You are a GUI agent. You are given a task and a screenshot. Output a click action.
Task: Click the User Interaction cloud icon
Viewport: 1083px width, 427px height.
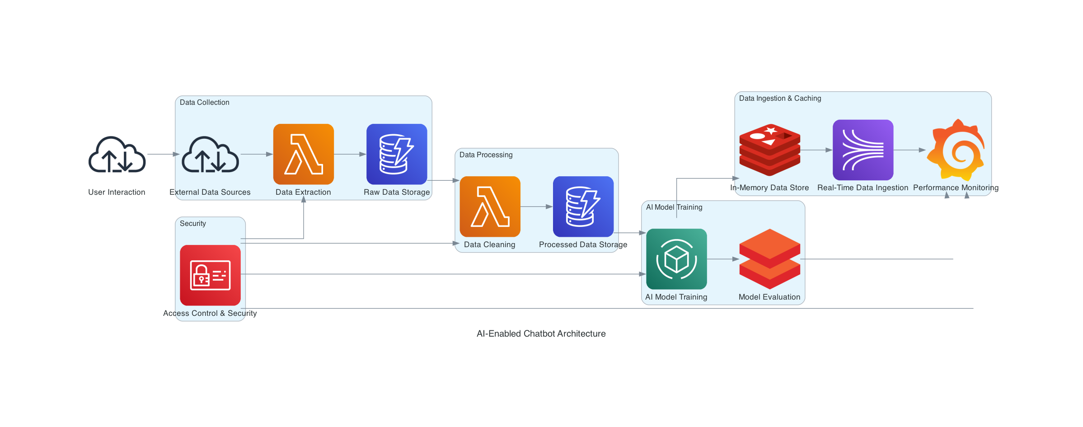[117, 155]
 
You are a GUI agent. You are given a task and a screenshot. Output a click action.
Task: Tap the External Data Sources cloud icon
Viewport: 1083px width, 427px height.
[210, 155]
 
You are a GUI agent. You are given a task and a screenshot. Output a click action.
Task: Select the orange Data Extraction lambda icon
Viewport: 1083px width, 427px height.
[304, 154]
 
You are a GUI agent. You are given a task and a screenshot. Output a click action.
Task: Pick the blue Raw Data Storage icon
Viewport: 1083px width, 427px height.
[397, 154]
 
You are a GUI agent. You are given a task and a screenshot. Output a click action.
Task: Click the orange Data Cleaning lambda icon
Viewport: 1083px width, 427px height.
[490, 206]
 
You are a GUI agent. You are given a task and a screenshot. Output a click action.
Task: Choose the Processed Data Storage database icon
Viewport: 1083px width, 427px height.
[583, 206]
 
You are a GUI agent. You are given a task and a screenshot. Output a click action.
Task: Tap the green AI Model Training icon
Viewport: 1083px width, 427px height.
[676, 259]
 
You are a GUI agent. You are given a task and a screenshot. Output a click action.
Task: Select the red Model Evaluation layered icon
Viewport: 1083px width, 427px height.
[769, 259]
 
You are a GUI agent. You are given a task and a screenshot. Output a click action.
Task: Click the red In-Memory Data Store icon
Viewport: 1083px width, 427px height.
[769, 150]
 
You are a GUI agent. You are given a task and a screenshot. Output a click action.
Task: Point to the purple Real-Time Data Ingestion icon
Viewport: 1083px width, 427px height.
[863, 150]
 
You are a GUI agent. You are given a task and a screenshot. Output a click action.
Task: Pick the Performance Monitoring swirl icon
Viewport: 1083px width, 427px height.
[956, 150]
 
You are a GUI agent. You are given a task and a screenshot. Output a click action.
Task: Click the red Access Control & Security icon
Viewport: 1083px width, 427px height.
[210, 275]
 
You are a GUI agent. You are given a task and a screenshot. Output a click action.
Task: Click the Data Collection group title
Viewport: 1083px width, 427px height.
[205, 103]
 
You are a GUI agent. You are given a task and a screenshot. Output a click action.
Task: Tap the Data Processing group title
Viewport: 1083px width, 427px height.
[486, 155]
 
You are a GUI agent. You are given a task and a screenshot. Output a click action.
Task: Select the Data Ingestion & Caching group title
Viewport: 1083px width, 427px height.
[780, 99]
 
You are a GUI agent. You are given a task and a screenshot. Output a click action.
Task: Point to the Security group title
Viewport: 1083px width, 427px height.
[193, 224]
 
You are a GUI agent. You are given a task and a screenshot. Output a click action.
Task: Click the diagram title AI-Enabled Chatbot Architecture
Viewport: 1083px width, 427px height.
[541, 333]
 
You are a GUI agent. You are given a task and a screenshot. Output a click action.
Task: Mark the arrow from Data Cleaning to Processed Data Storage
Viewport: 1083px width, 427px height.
[537, 206]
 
